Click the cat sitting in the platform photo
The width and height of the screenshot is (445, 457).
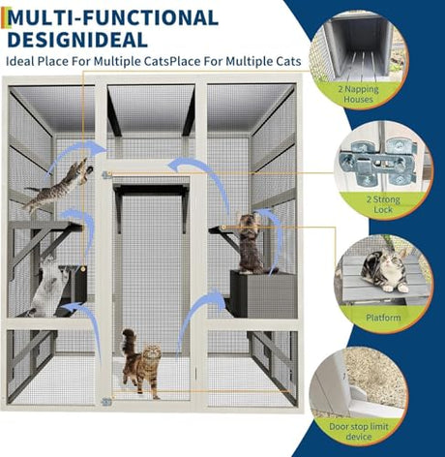click(x=384, y=272)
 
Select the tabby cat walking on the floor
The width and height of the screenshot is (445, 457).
click(x=141, y=366)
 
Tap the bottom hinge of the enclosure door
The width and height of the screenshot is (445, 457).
click(x=106, y=401)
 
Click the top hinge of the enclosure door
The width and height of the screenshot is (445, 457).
click(x=106, y=175)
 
